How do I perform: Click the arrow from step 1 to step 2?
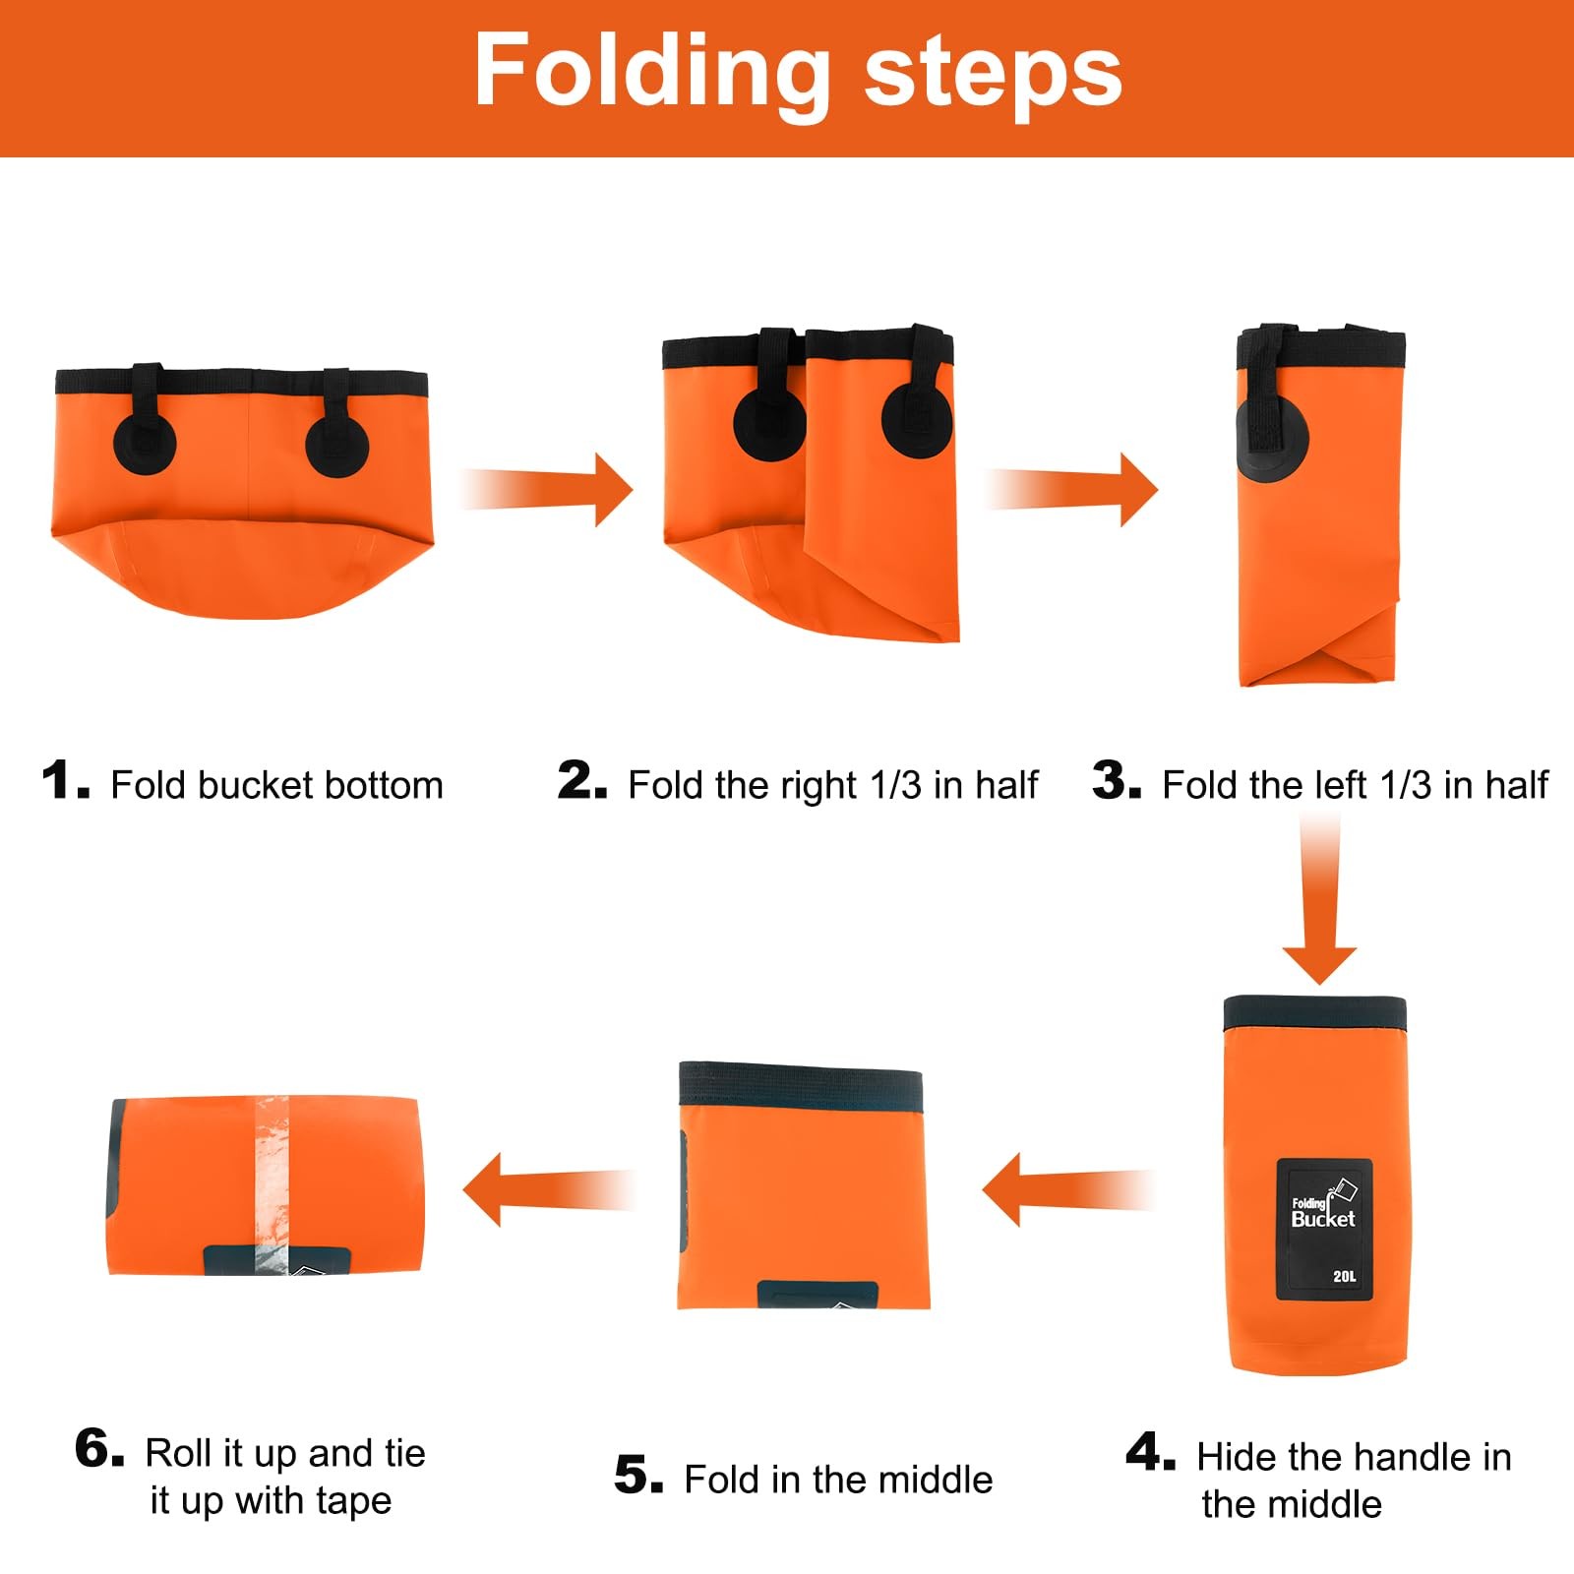547,489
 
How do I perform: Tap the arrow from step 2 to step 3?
1072,489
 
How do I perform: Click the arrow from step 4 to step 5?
1067,1189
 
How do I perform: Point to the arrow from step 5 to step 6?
549,1189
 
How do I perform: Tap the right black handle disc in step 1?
336,447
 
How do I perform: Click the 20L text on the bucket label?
1344,1276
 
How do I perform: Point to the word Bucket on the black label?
1323,1219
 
